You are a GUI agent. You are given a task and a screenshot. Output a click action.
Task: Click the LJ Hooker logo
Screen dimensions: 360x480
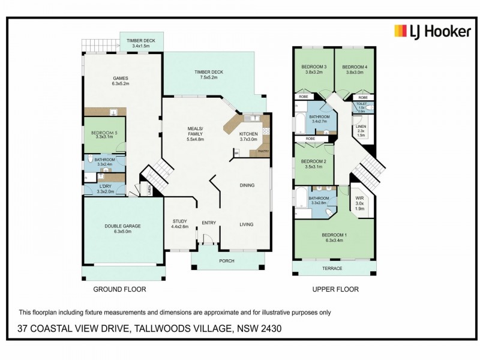pyautogui.click(x=431, y=31)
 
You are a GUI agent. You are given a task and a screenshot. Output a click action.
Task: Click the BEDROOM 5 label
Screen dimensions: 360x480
pyautogui.click(x=105, y=133)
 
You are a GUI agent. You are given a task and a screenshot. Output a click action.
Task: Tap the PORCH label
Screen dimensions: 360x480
pyautogui.click(x=227, y=260)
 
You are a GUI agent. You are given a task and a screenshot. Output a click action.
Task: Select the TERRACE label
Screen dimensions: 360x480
pyautogui.click(x=332, y=268)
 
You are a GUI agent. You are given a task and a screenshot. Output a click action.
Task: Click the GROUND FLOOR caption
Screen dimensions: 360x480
pyautogui.click(x=119, y=289)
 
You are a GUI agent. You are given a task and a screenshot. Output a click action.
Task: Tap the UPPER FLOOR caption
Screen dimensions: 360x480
pyautogui.click(x=335, y=289)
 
